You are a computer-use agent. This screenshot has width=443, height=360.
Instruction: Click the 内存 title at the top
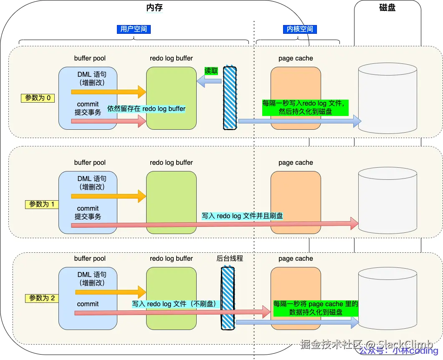pyautogui.click(x=154, y=8)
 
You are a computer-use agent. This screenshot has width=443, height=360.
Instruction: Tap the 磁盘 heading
pyautogui.click(x=387, y=8)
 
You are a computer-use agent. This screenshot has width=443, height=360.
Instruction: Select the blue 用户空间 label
pyautogui.click(x=134, y=29)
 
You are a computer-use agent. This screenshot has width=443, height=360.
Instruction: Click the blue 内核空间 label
pyautogui.click(x=299, y=29)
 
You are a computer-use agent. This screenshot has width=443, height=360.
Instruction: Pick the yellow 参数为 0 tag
pyautogui.click(x=38, y=98)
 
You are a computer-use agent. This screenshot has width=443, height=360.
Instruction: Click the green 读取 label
pyautogui.click(x=211, y=71)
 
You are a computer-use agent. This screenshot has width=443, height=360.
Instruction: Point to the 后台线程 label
pyautogui.click(x=230, y=258)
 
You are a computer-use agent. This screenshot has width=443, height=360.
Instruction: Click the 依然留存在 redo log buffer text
pyautogui.click(x=147, y=109)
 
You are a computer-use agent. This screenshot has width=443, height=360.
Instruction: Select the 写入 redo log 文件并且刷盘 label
pyautogui.click(x=242, y=216)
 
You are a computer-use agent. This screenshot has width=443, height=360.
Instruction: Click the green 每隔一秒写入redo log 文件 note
pyautogui.click(x=305, y=107)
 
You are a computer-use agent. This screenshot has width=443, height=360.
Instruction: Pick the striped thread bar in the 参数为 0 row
pyautogui.click(x=230, y=98)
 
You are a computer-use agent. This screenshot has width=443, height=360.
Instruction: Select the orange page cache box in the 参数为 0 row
pyautogui.click(x=296, y=99)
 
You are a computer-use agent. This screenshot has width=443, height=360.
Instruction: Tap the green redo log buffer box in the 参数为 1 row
pyautogui.click(x=171, y=202)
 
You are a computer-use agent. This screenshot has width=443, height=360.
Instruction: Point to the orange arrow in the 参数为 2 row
pyautogui.click(x=109, y=291)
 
